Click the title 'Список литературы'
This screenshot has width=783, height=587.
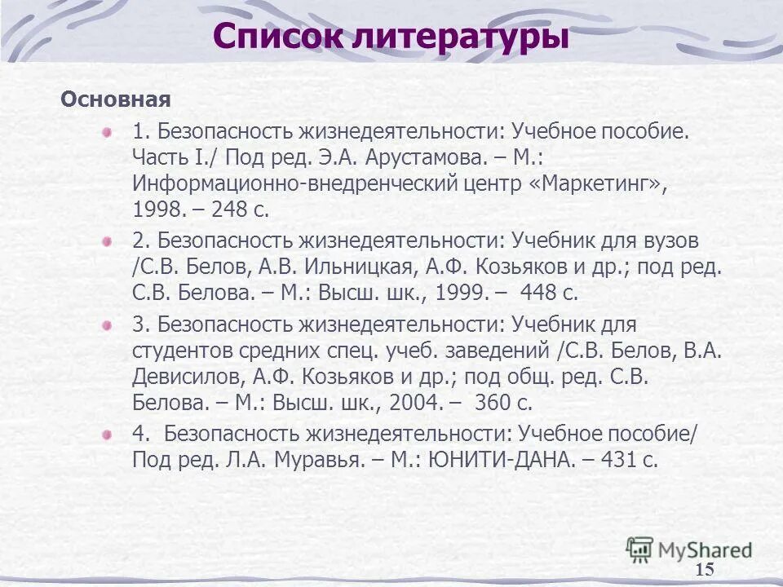pyautogui.click(x=391, y=37)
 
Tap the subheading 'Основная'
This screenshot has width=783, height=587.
pyautogui.click(x=115, y=100)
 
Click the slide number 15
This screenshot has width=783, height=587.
pyautogui.click(x=705, y=569)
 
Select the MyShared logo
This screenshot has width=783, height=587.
pyautogui.click(x=689, y=549)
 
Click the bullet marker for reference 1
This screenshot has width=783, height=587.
pyautogui.click(x=107, y=131)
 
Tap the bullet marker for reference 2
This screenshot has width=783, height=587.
pyautogui.click(x=107, y=241)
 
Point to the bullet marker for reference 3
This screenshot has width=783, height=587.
pyautogui.click(x=107, y=325)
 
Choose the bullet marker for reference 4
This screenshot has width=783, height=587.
pyautogui.click(x=107, y=435)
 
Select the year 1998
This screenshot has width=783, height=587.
pyautogui.click(x=158, y=210)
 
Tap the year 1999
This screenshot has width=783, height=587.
pyautogui.click(x=463, y=293)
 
